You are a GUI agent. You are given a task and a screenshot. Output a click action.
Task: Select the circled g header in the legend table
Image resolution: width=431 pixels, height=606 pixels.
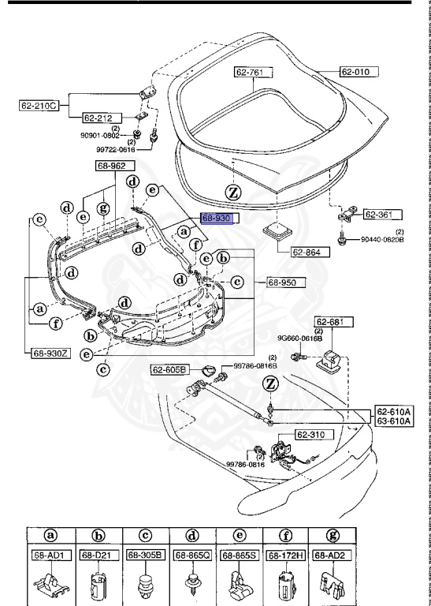pos(329,534)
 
